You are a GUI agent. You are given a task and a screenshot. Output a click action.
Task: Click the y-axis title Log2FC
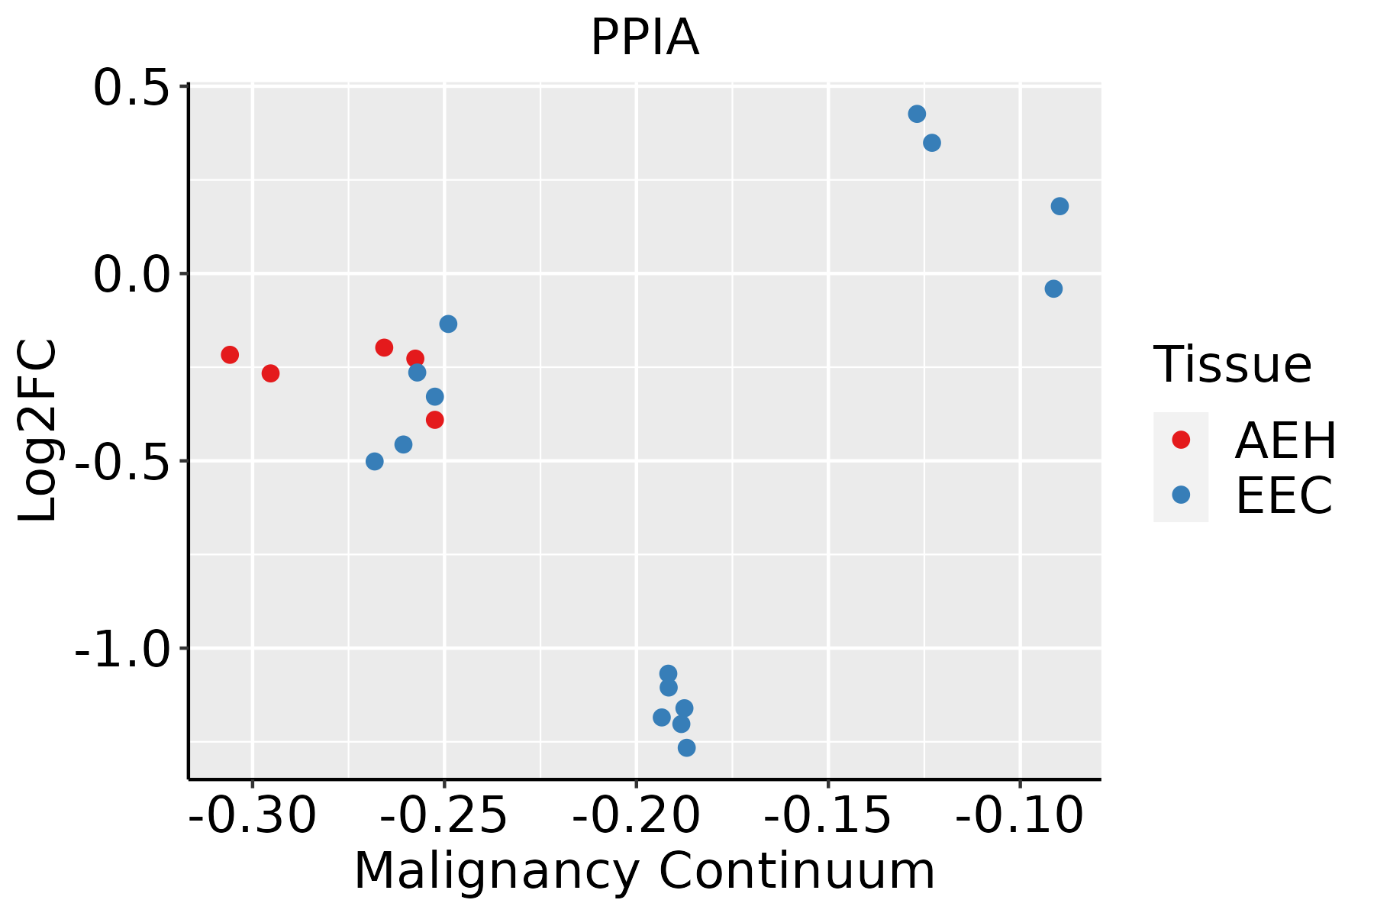click(38, 431)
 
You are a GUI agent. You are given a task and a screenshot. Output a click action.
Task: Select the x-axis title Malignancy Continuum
click(644, 872)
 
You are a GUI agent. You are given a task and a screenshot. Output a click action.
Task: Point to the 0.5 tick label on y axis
click(130, 89)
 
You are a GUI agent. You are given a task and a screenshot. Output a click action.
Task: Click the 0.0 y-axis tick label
click(130, 276)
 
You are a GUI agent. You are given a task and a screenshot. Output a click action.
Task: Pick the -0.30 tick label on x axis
click(252, 816)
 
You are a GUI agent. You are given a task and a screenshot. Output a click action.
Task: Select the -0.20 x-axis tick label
click(636, 816)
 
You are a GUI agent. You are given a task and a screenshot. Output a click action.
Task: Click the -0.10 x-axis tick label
click(1019, 816)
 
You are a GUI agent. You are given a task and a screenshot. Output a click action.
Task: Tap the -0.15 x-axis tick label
click(827, 816)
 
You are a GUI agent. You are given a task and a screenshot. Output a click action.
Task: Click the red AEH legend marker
click(1181, 440)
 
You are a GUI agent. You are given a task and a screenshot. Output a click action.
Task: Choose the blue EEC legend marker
click(1181, 495)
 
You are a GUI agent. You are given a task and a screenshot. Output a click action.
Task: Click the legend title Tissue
click(1232, 365)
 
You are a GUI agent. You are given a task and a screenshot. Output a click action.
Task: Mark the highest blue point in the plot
click(917, 114)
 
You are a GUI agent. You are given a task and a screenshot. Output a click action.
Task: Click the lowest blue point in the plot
click(686, 747)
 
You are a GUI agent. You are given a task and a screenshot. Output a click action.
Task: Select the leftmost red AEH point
click(230, 354)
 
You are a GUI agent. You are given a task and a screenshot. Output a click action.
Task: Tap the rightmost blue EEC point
click(1060, 206)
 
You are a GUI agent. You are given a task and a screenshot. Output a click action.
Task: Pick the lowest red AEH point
click(434, 420)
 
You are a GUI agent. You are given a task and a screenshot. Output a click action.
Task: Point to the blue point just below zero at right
click(1053, 289)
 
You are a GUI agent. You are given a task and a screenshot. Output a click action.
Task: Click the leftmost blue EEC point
click(374, 461)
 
